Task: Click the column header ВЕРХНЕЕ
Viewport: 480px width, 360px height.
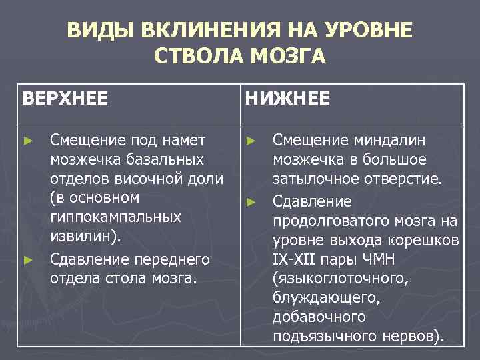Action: point(65,99)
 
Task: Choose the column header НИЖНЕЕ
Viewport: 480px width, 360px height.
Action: point(287,99)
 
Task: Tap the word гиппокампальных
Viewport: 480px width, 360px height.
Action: point(115,218)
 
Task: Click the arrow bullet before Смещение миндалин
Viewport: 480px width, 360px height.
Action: point(250,141)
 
